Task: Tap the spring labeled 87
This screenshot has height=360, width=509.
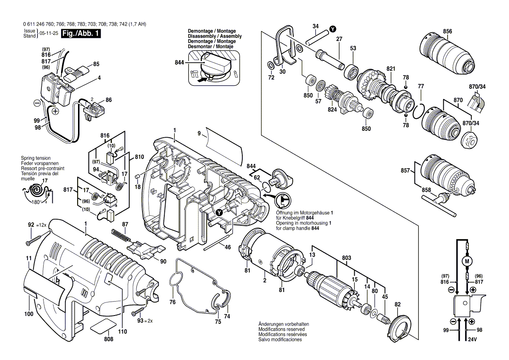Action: pyautogui.click(x=121, y=235)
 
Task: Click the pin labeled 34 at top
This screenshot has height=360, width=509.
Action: pyautogui.click(x=317, y=37)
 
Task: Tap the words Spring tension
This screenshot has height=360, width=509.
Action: pyautogui.click(x=36, y=158)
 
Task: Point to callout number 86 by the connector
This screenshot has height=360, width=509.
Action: pyautogui.click(x=108, y=100)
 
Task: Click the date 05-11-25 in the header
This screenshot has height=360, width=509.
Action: pyautogui.click(x=49, y=34)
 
